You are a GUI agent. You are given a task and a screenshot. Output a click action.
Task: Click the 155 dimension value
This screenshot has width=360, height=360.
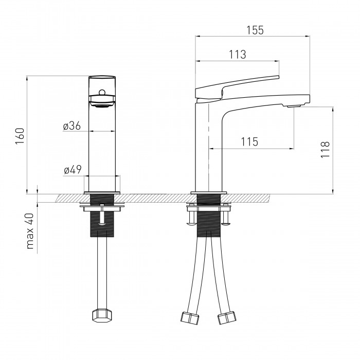pos(255,30)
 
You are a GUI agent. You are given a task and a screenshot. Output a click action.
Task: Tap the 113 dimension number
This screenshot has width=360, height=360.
pos(238,55)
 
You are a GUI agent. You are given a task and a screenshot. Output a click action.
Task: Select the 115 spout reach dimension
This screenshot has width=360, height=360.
pos(249,142)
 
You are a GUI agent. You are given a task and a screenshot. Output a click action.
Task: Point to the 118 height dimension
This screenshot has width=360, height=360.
pos(325,149)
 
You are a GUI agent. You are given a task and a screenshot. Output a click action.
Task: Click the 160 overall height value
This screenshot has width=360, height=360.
pos(20,136)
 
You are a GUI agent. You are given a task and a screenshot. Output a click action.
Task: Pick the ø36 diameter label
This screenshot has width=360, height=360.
pos(72,126)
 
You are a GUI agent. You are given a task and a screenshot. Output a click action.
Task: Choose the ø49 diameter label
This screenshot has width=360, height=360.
pos(73,170)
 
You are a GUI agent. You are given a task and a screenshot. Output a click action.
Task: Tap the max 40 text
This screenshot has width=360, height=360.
pos(30,231)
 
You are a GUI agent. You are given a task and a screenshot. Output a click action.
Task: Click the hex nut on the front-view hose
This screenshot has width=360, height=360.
pos(102,316)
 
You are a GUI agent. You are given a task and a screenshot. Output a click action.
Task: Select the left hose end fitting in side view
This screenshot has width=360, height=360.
pos(190,317)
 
